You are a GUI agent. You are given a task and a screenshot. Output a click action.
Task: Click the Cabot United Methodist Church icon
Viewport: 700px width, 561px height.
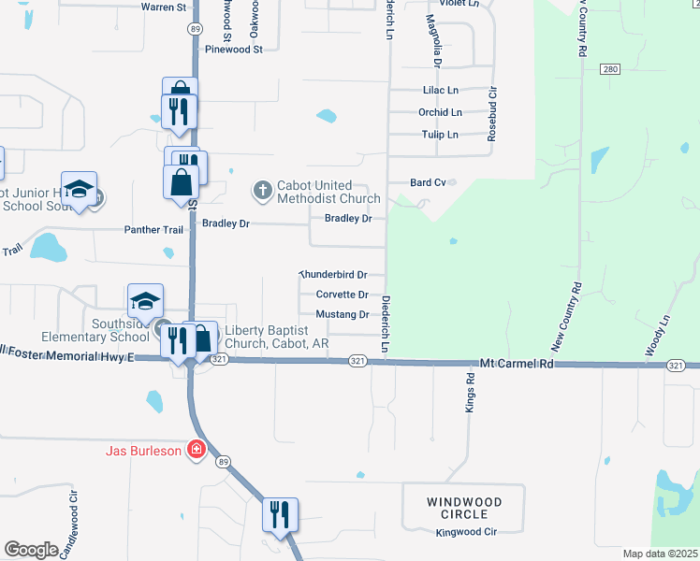tap(262, 191)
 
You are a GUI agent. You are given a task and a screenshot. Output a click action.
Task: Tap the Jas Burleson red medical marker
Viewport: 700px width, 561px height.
tap(196, 451)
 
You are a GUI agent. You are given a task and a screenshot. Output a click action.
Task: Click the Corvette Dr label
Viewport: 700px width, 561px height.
tap(342, 295)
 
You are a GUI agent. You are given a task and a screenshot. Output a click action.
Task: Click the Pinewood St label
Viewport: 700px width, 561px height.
tap(234, 50)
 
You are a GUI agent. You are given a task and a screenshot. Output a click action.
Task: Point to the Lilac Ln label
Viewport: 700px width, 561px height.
tap(439, 91)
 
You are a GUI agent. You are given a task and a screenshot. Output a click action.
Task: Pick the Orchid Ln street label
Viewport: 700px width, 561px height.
tap(440, 112)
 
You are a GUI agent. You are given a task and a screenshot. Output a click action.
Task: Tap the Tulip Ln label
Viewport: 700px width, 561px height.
tap(439, 135)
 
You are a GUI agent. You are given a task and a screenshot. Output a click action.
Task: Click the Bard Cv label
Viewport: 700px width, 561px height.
tap(428, 182)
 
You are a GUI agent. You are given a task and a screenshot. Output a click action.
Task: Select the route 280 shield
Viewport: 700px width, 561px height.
tap(610, 70)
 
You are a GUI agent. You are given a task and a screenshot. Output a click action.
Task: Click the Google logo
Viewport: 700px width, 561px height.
tap(31, 549)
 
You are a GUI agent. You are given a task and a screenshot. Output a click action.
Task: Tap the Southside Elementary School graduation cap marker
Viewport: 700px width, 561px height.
tap(145, 300)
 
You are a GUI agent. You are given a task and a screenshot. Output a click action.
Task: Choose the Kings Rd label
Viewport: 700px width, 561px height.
tap(471, 393)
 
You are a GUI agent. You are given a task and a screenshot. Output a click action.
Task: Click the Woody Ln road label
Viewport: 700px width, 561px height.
tap(665, 334)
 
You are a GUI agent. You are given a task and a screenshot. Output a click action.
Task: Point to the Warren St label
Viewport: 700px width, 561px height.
tap(164, 7)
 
